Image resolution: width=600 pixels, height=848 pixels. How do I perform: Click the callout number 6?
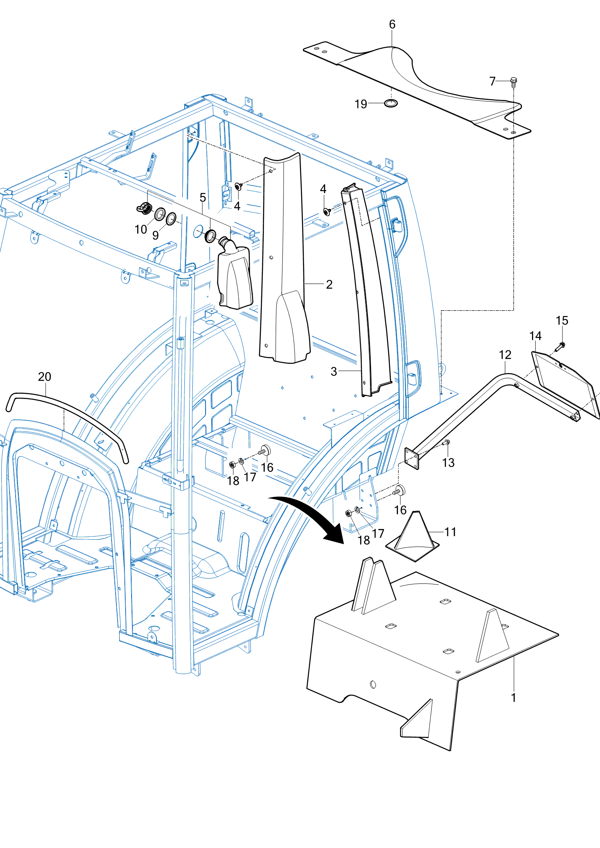(392, 24)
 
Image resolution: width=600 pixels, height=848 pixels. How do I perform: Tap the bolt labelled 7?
(514, 82)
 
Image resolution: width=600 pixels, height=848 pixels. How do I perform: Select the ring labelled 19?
(391, 103)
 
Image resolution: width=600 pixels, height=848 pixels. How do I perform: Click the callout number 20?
(44, 377)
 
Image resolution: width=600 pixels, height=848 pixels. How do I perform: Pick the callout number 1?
(514, 698)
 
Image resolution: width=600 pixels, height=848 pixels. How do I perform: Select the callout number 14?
(535, 336)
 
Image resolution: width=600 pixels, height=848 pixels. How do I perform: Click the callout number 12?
(505, 355)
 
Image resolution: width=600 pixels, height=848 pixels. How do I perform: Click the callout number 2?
(329, 284)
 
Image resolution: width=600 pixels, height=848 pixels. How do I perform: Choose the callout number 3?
(334, 371)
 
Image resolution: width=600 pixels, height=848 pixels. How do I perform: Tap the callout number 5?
(203, 198)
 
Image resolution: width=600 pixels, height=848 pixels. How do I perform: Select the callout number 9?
(156, 235)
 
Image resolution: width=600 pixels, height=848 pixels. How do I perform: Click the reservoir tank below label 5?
(235, 276)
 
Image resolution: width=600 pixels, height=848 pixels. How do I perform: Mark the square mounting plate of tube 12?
(412, 458)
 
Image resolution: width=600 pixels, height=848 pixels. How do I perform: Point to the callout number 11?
(450, 532)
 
